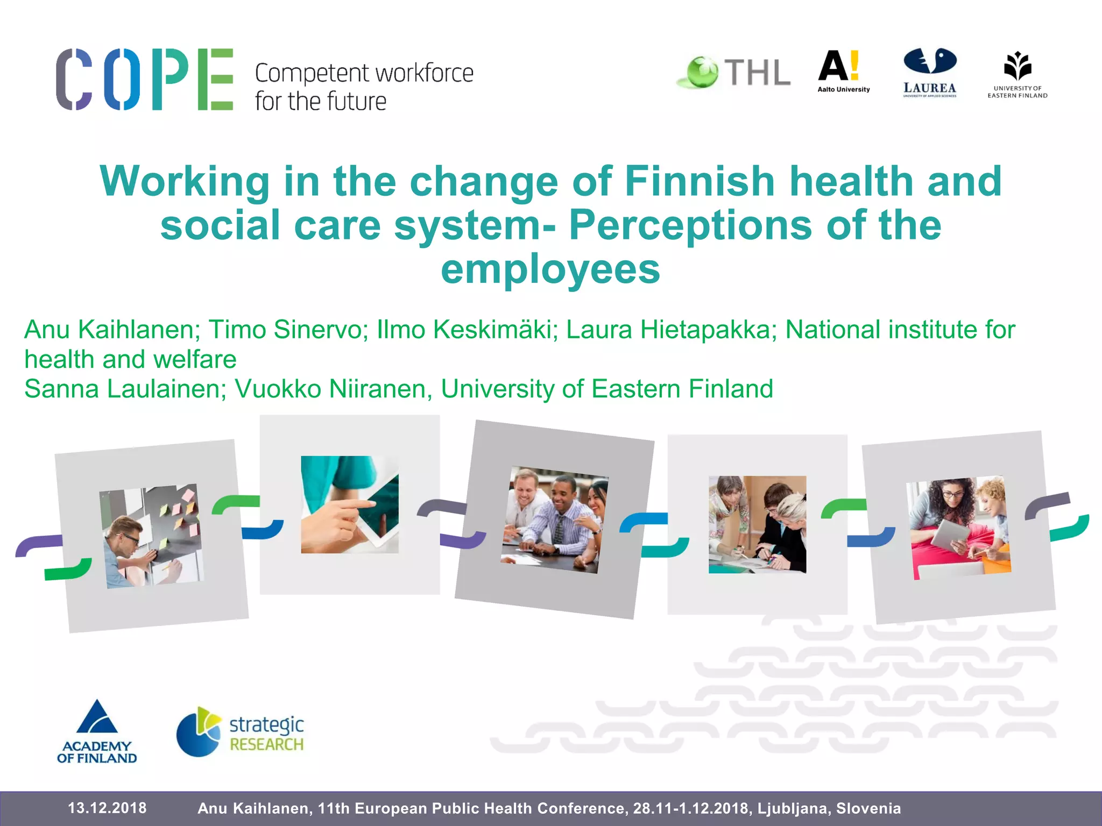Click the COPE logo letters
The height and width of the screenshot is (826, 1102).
click(144, 79)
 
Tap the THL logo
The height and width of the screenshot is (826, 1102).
click(734, 73)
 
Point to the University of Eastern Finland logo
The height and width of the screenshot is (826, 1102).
click(1017, 75)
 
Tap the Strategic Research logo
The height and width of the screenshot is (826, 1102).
click(240, 732)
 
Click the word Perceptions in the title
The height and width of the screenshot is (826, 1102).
click(690, 225)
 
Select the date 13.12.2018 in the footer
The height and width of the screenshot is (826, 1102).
click(107, 808)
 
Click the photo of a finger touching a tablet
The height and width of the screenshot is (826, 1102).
click(350, 504)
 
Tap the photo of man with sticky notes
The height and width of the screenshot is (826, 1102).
click(152, 536)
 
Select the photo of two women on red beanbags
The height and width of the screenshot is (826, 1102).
click(958, 527)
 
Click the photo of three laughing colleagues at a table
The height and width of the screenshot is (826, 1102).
click(555, 519)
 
